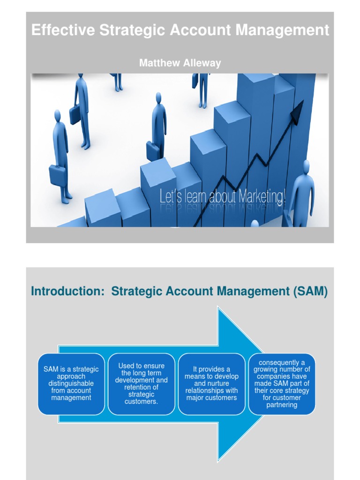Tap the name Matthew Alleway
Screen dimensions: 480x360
[180, 63]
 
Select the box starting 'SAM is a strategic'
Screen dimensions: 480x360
[71, 383]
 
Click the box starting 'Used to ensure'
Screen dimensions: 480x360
[142, 383]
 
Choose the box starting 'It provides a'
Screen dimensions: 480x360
[211, 383]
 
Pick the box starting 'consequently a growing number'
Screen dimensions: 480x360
[282, 383]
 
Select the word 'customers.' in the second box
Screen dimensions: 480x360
[142, 402]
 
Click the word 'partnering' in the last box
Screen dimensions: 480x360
[282, 405]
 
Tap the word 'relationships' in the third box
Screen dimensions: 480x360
[211, 390]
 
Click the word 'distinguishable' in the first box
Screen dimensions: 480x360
[71, 383]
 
